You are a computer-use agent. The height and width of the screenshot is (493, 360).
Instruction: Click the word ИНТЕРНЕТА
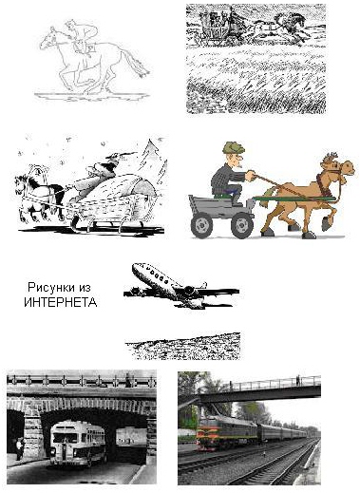(x=61, y=302)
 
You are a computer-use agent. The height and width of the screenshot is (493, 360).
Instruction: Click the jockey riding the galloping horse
(x=83, y=35)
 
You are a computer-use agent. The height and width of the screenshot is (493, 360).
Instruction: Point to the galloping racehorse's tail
(x=135, y=64)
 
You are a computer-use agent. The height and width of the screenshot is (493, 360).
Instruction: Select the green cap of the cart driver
(x=234, y=148)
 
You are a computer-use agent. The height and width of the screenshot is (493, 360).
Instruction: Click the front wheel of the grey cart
(x=242, y=225)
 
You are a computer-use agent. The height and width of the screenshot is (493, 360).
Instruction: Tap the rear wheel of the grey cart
(x=201, y=225)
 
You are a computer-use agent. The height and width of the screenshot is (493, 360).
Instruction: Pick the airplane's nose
(x=136, y=268)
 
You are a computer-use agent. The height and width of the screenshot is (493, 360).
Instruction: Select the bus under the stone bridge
(x=78, y=443)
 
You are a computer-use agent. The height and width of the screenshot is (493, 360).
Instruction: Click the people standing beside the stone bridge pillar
(x=20, y=448)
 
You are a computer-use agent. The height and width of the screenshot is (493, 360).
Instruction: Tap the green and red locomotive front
(x=208, y=431)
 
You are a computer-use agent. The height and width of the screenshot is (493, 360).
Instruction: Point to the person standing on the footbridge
(x=297, y=380)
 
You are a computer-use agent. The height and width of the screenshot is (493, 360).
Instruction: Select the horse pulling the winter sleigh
(x=40, y=197)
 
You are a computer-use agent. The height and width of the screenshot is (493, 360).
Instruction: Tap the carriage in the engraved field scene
(x=218, y=26)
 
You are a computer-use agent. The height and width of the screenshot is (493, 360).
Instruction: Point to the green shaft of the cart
(x=294, y=199)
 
